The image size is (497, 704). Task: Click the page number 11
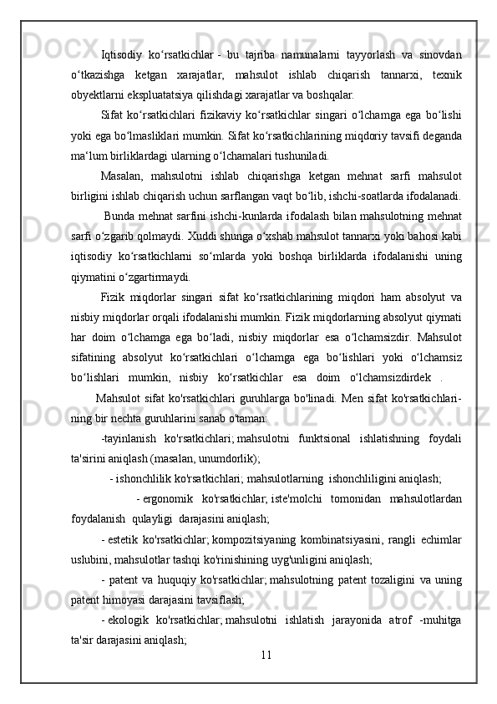tap(266, 676)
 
